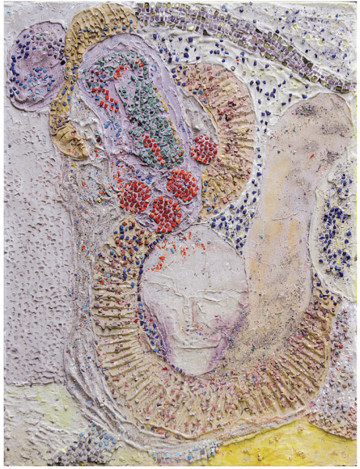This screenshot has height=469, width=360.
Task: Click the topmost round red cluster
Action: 204,149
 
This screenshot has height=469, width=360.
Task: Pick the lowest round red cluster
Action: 165,213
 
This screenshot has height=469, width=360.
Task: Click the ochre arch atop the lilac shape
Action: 97,32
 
